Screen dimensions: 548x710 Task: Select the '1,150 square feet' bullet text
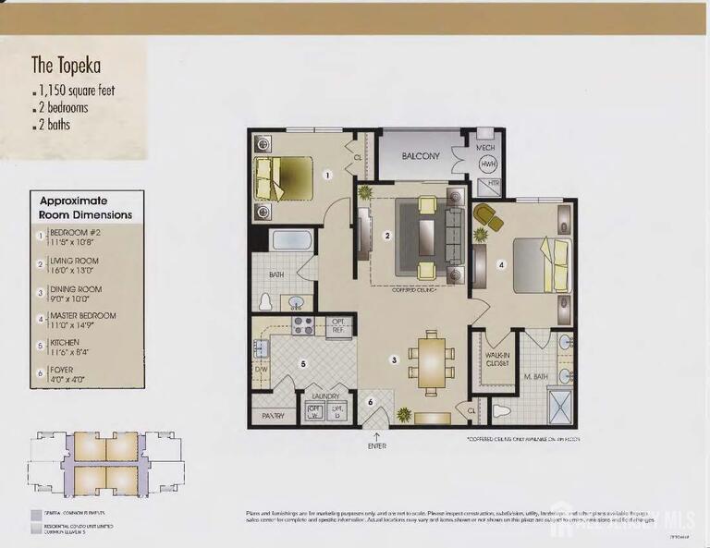tap(77, 91)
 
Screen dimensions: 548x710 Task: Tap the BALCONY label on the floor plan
tap(421, 156)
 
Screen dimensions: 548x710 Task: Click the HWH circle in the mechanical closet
tap(488, 164)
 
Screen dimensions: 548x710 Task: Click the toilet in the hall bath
tap(265, 301)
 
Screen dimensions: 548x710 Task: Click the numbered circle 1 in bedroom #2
tap(326, 173)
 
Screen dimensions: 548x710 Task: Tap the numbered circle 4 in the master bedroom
tap(502, 264)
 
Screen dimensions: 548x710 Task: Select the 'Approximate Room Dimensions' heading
tap(85, 207)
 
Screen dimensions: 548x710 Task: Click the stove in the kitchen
tap(303, 325)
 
